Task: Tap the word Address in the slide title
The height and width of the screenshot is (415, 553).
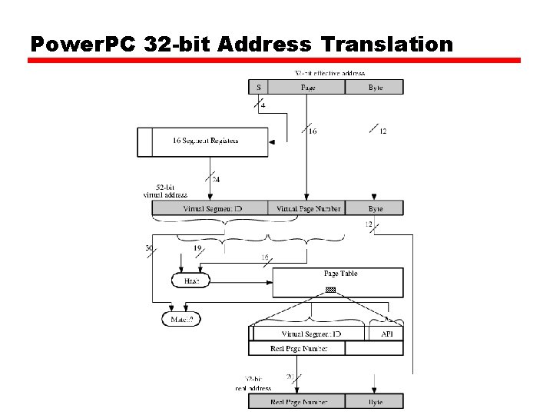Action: [264, 44]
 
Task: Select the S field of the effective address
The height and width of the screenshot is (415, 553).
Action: [258, 88]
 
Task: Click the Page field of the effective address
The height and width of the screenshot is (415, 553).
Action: [306, 88]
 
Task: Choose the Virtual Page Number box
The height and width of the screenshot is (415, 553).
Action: [306, 208]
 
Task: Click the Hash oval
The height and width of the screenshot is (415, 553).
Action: [191, 281]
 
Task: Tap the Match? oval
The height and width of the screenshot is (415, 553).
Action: [180, 317]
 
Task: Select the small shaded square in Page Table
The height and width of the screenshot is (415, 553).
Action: [330, 290]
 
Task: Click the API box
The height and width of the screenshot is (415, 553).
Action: [386, 334]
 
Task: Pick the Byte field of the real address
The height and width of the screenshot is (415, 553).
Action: [374, 401]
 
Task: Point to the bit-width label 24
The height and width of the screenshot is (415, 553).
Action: [216, 180]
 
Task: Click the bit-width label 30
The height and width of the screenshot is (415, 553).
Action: [148, 248]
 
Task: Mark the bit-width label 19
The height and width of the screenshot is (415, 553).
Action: [197, 248]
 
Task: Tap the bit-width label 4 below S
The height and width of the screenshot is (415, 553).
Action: [263, 105]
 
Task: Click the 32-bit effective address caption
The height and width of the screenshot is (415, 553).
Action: [330, 73]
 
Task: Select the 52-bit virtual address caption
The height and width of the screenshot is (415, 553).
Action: [165, 191]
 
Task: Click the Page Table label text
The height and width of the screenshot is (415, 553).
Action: [340, 274]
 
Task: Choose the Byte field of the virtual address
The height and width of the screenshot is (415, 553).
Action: [374, 208]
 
